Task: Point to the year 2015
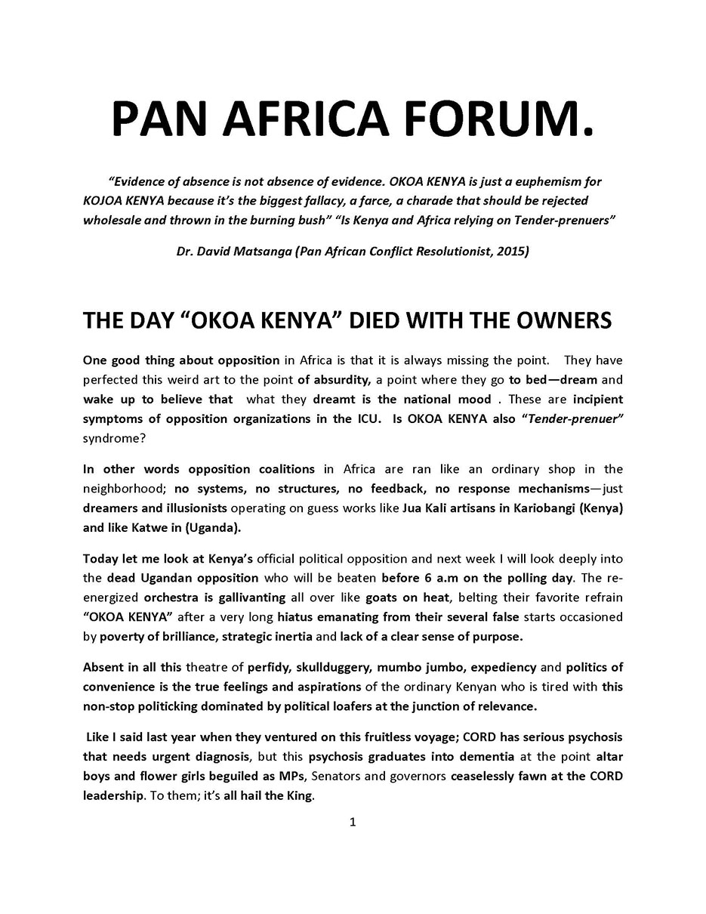point(511,251)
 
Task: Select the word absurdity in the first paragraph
point(341,379)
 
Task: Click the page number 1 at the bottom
point(353,822)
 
